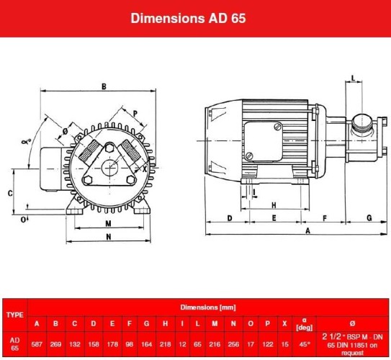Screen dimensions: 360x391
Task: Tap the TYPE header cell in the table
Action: pyautogui.click(x=14, y=315)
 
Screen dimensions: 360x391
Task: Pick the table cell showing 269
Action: pyautogui.click(x=55, y=343)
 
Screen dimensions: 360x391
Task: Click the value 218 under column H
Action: pyautogui.click(x=165, y=343)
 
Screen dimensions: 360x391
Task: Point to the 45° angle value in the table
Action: pyautogui.click(x=305, y=343)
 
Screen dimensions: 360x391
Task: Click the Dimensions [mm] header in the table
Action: pyautogui.click(x=208, y=307)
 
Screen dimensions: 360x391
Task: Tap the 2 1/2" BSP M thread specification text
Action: pyautogui.click(x=352, y=337)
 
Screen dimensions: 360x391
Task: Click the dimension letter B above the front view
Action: pyautogui.click(x=104, y=86)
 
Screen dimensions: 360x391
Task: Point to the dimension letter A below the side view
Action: pyautogui.click(x=308, y=230)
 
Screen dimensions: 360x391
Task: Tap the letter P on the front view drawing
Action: pyautogui.click(x=135, y=113)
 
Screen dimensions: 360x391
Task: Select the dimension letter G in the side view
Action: pyautogui.click(x=369, y=217)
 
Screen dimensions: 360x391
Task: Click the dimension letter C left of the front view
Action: pyautogui.click(x=10, y=193)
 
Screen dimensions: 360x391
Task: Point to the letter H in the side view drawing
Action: pyautogui.click(x=274, y=205)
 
